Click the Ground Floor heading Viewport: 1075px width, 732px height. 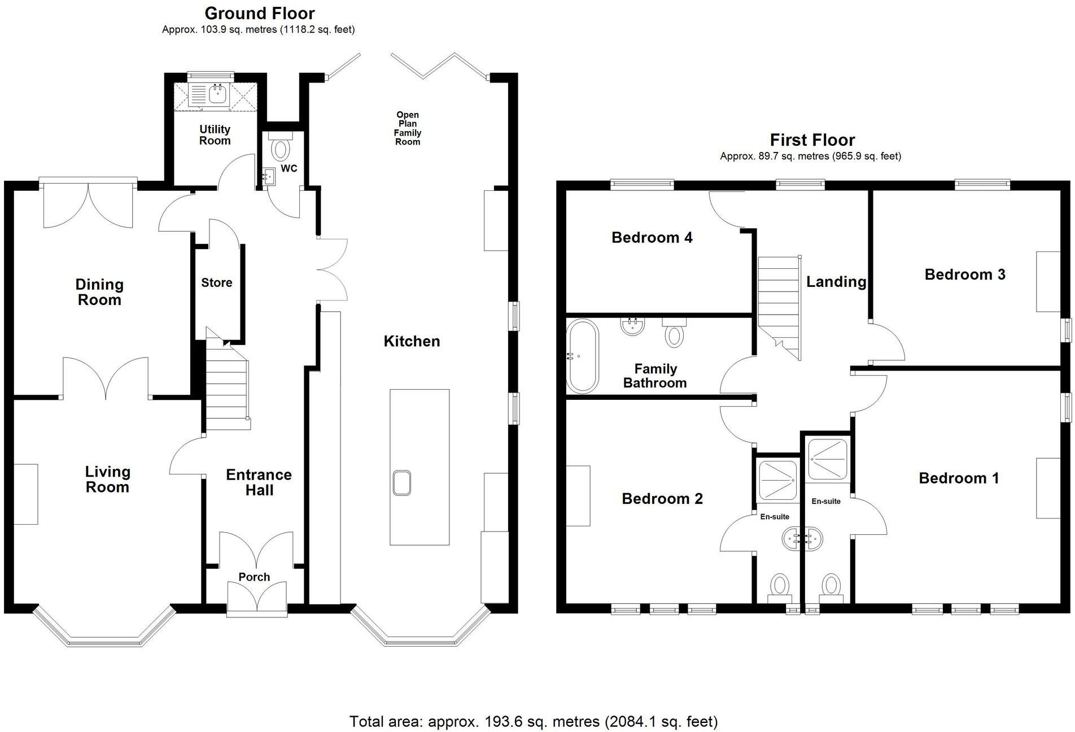click(259, 13)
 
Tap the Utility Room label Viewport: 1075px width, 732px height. click(215, 135)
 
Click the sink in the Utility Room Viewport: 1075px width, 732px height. click(217, 94)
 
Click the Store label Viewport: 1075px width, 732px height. click(217, 282)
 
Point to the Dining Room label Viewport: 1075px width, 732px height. click(99, 292)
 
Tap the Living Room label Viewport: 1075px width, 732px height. click(107, 479)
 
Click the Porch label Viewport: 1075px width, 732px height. click(254, 577)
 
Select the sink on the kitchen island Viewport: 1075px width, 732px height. click(402, 483)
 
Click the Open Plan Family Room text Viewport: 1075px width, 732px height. click(408, 128)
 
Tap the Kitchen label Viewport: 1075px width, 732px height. click(412, 341)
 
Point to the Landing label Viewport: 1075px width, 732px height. click(836, 281)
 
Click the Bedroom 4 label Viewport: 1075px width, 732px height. click(652, 237)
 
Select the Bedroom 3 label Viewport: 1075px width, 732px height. click(964, 274)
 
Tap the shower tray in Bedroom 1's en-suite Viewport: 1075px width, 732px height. click(827, 459)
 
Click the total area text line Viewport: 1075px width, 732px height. click(533, 721)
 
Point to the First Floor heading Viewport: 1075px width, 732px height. click(812, 140)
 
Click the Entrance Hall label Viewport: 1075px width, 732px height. click(259, 482)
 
